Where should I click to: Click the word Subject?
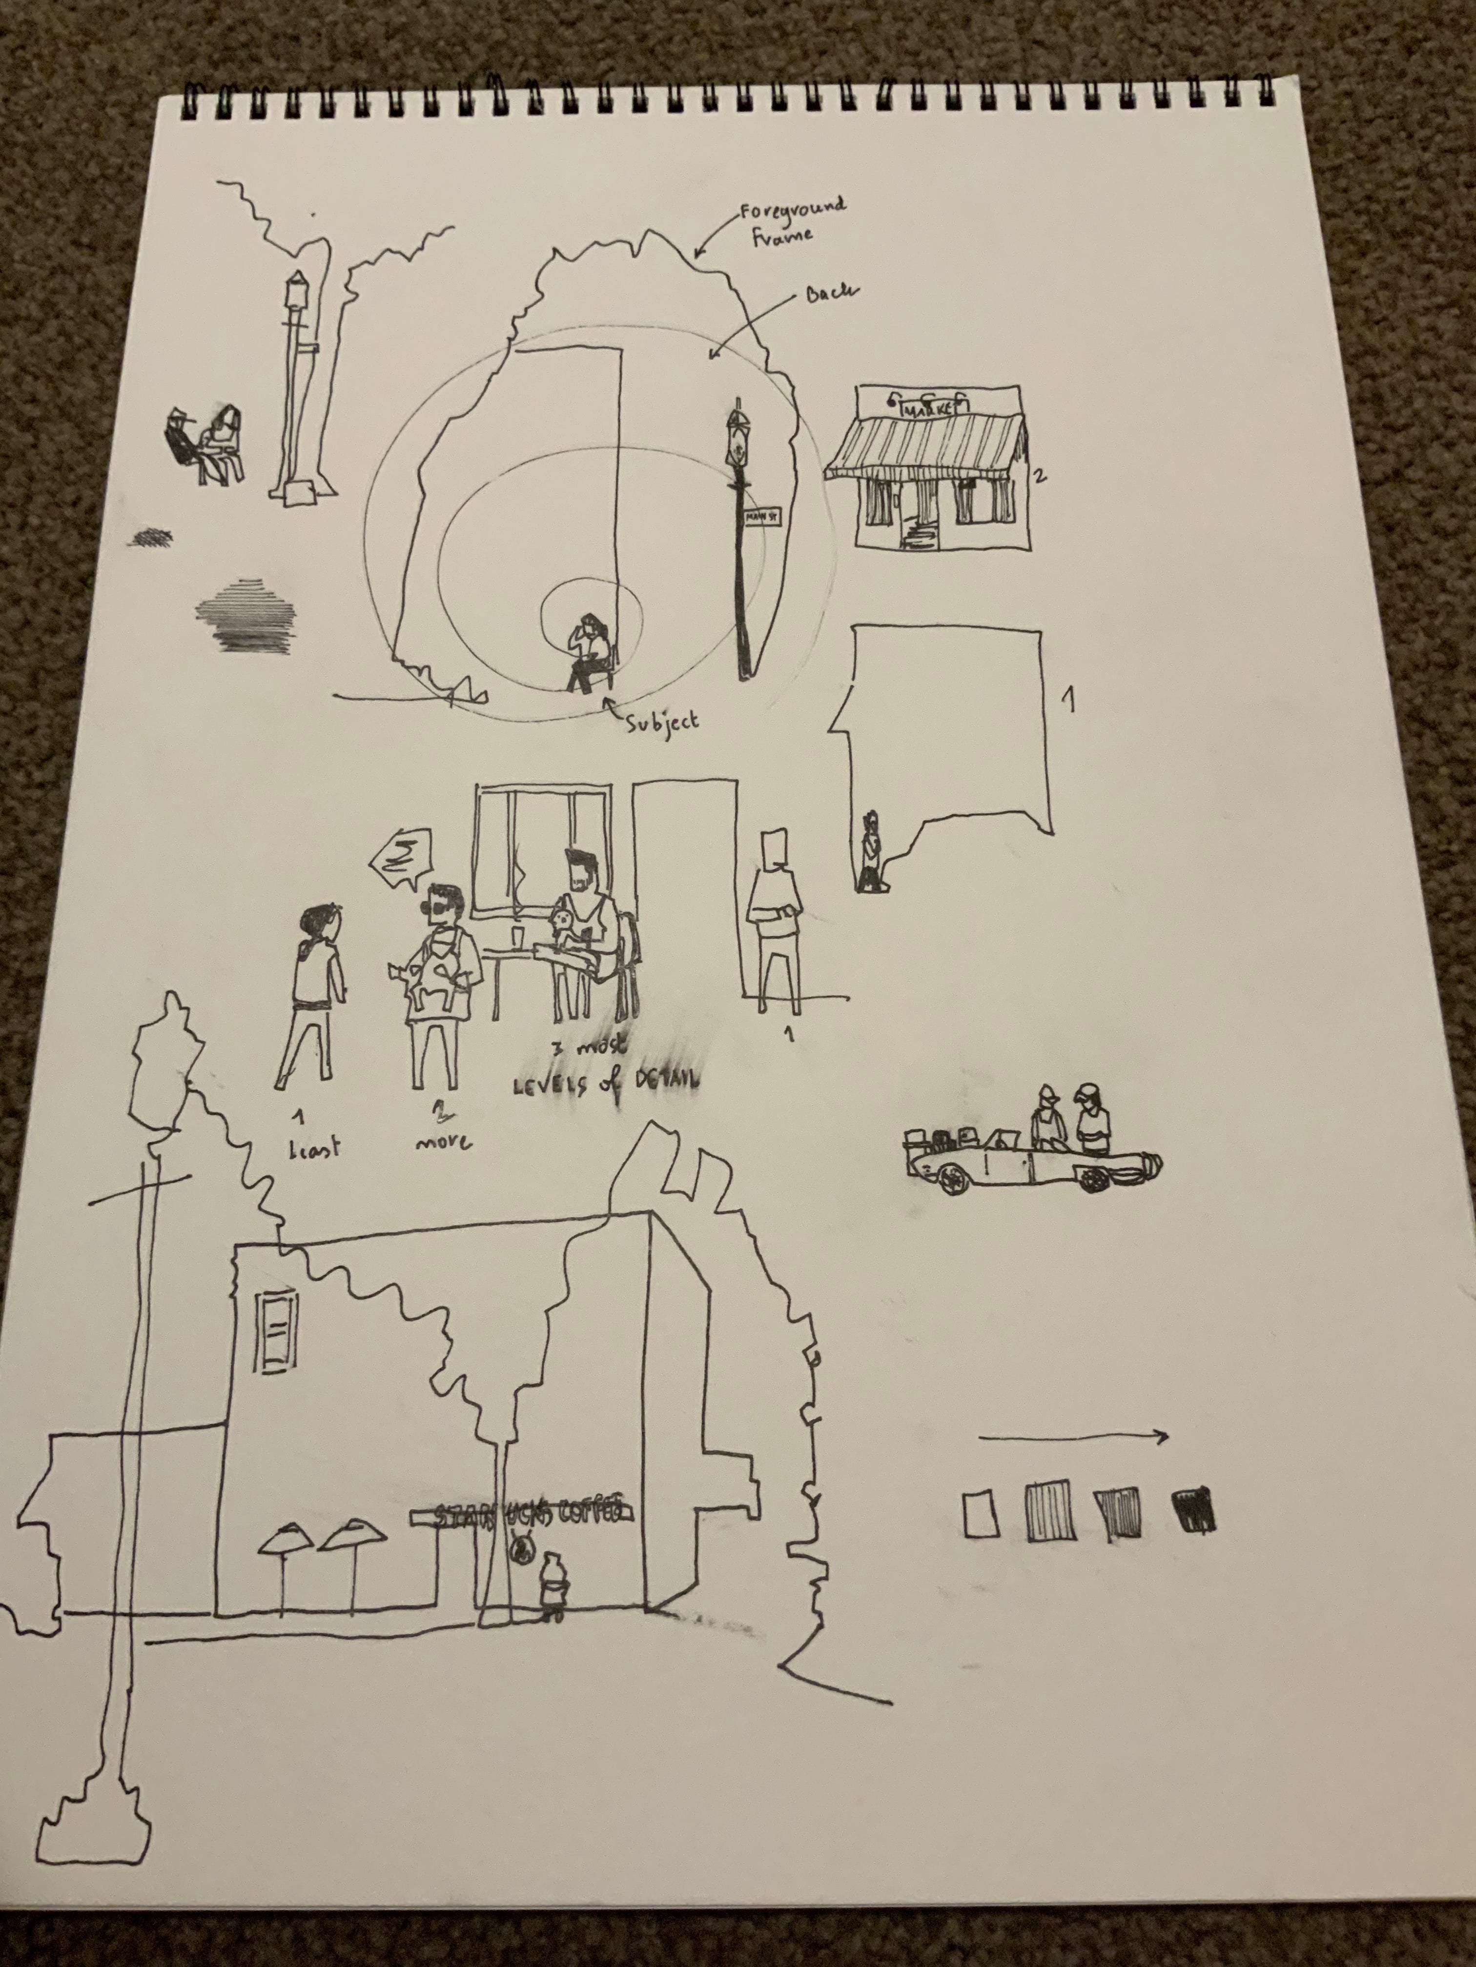coord(663,720)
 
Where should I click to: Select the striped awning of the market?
coord(925,448)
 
